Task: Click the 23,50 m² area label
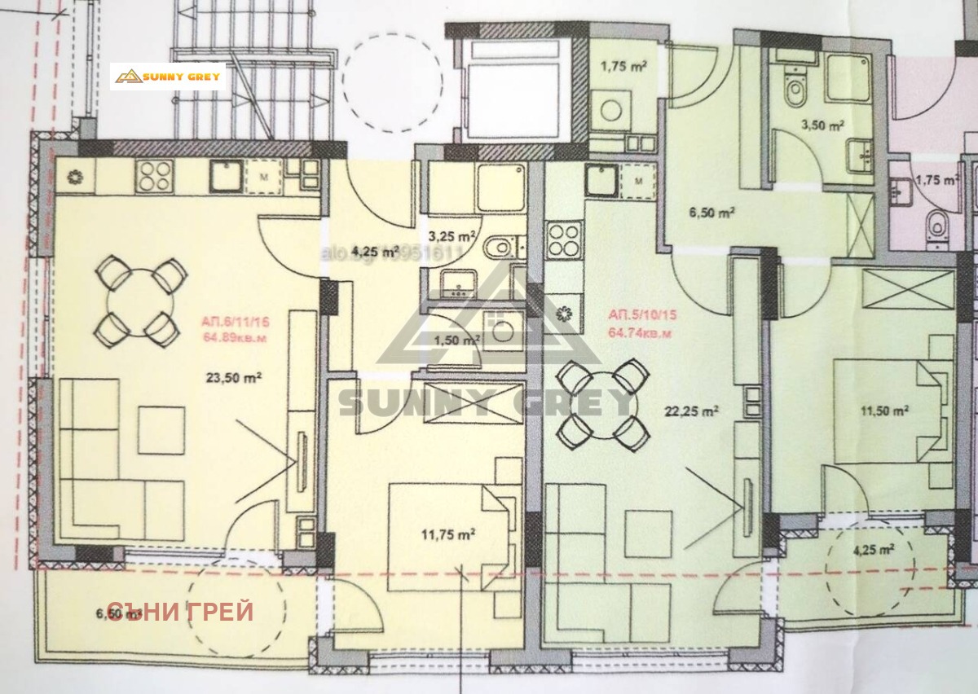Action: [x=227, y=377]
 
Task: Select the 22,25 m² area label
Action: [x=693, y=412]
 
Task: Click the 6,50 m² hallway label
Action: [x=711, y=213]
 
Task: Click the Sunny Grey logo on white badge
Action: [x=168, y=77]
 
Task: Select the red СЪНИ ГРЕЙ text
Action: [x=180, y=612]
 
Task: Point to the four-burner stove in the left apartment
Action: [x=153, y=173]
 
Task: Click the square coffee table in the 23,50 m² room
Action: [x=161, y=429]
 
